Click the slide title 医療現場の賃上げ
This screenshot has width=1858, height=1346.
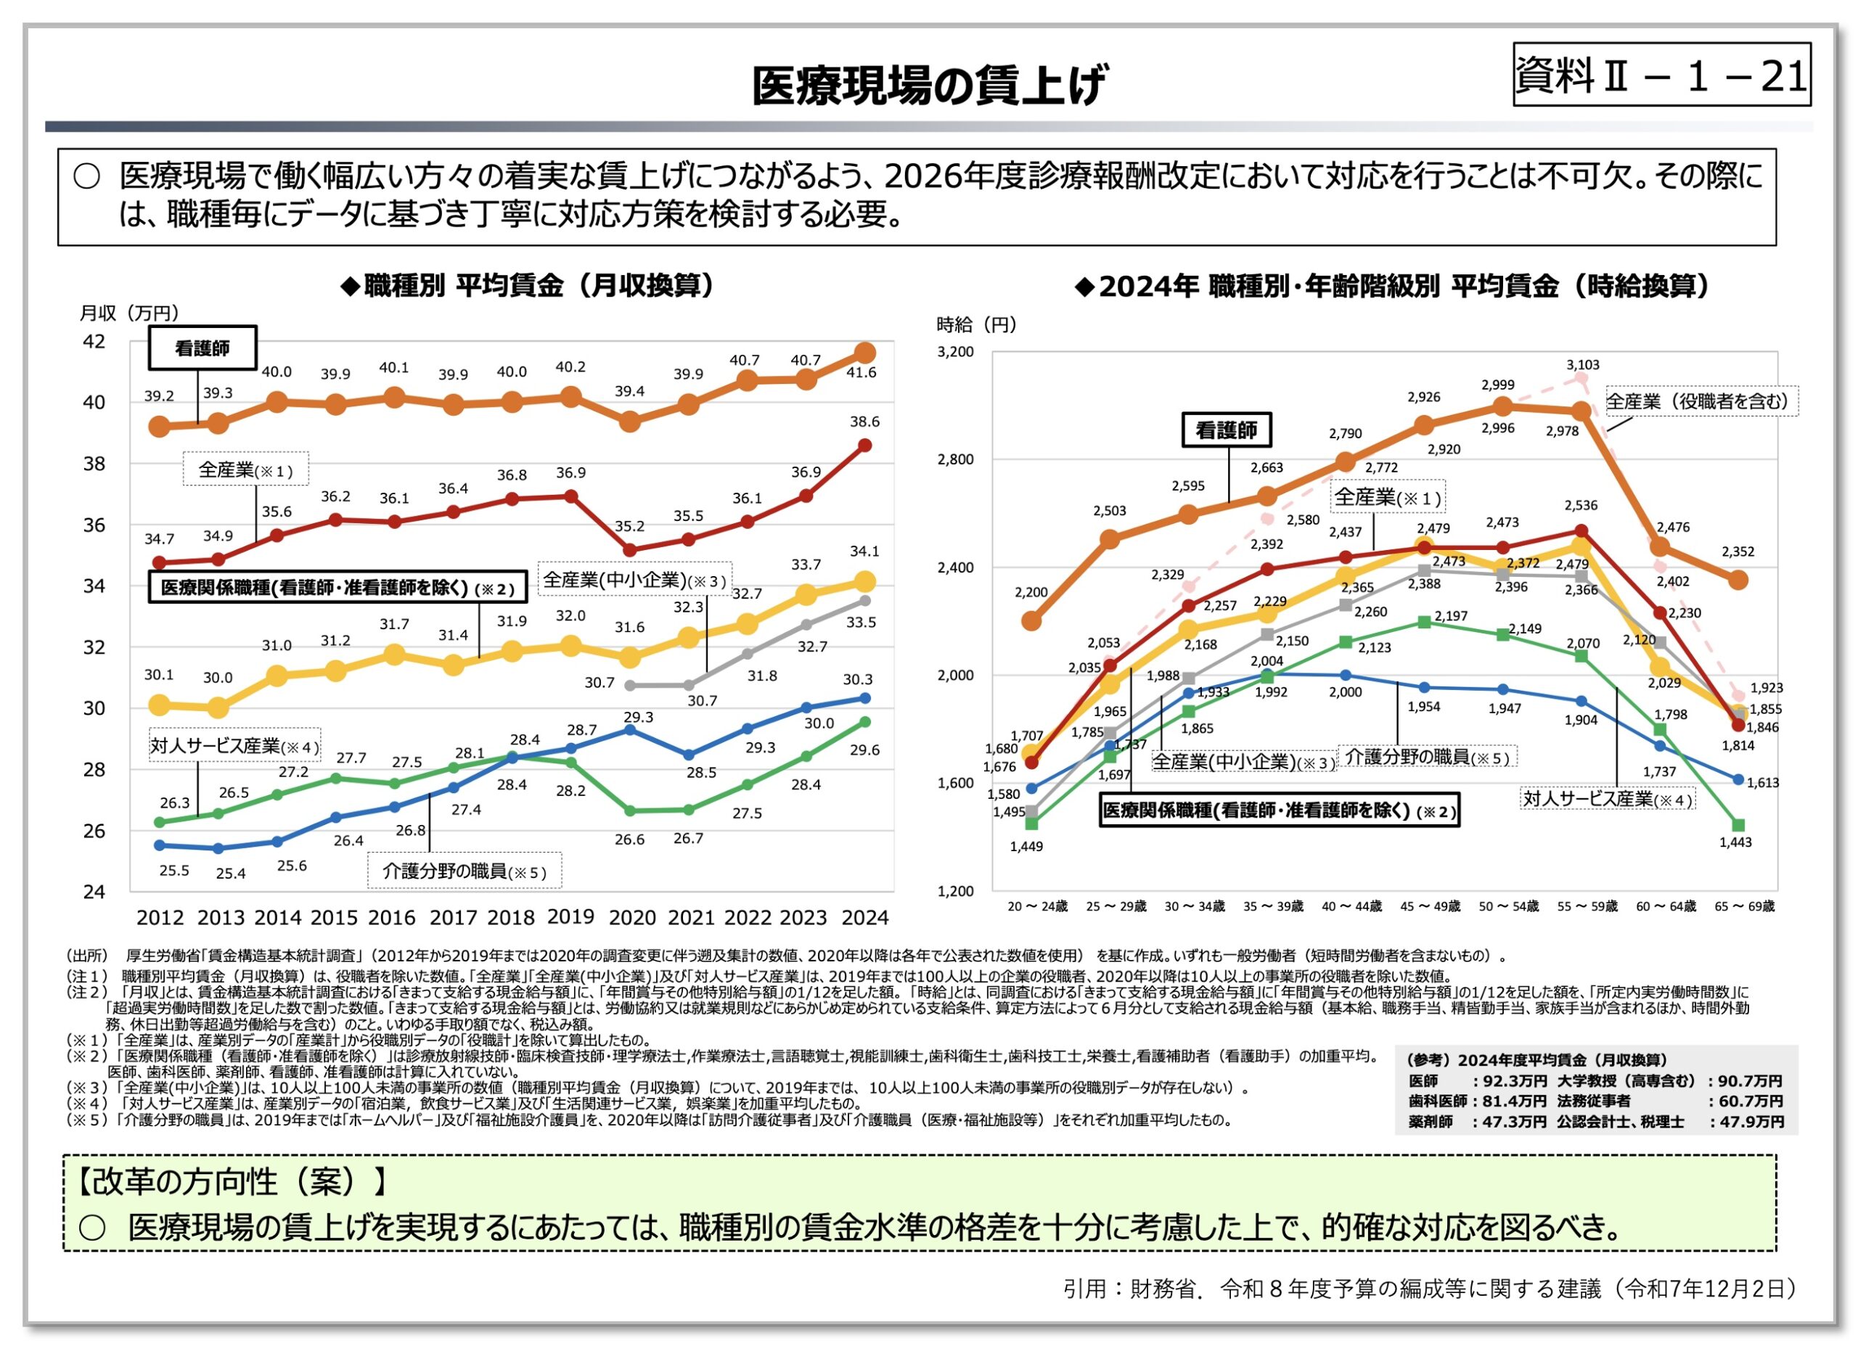click(928, 85)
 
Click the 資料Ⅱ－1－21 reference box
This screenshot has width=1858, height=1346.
click(1661, 75)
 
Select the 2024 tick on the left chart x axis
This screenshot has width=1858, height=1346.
click(864, 918)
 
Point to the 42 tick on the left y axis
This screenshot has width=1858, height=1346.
click(94, 342)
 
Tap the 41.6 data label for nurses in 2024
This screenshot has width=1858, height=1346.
click(861, 373)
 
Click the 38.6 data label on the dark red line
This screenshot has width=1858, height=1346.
click(864, 422)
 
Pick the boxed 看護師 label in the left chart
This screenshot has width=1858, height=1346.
click(202, 348)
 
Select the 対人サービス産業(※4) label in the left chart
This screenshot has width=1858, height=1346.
click(234, 745)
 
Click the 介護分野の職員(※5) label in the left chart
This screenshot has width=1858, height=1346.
click(464, 871)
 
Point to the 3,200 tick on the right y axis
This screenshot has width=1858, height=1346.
click(955, 352)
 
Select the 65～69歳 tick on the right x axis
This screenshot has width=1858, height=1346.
click(1744, 906)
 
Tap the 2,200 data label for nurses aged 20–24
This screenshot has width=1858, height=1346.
click(1031, 592)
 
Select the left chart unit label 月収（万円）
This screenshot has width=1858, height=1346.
click(128, 313)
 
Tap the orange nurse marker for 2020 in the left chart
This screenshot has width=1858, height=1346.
click(629, 422)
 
